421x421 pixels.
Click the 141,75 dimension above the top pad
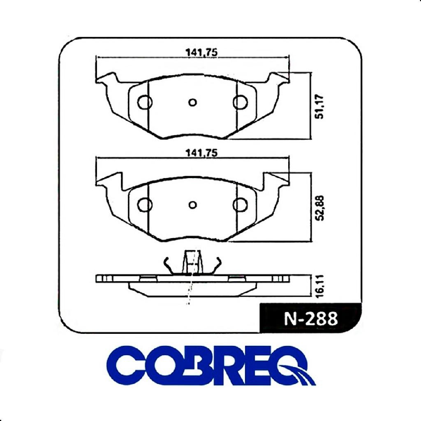click(201, 53)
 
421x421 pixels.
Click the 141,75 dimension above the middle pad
click(201, 153)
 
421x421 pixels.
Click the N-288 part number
click(311, 319)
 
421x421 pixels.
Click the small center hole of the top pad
click(192, 102)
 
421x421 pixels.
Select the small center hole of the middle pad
click(192, 205)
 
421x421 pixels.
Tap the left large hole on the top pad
click(145, 102)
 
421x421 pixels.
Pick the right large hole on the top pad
click(240, 102)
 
